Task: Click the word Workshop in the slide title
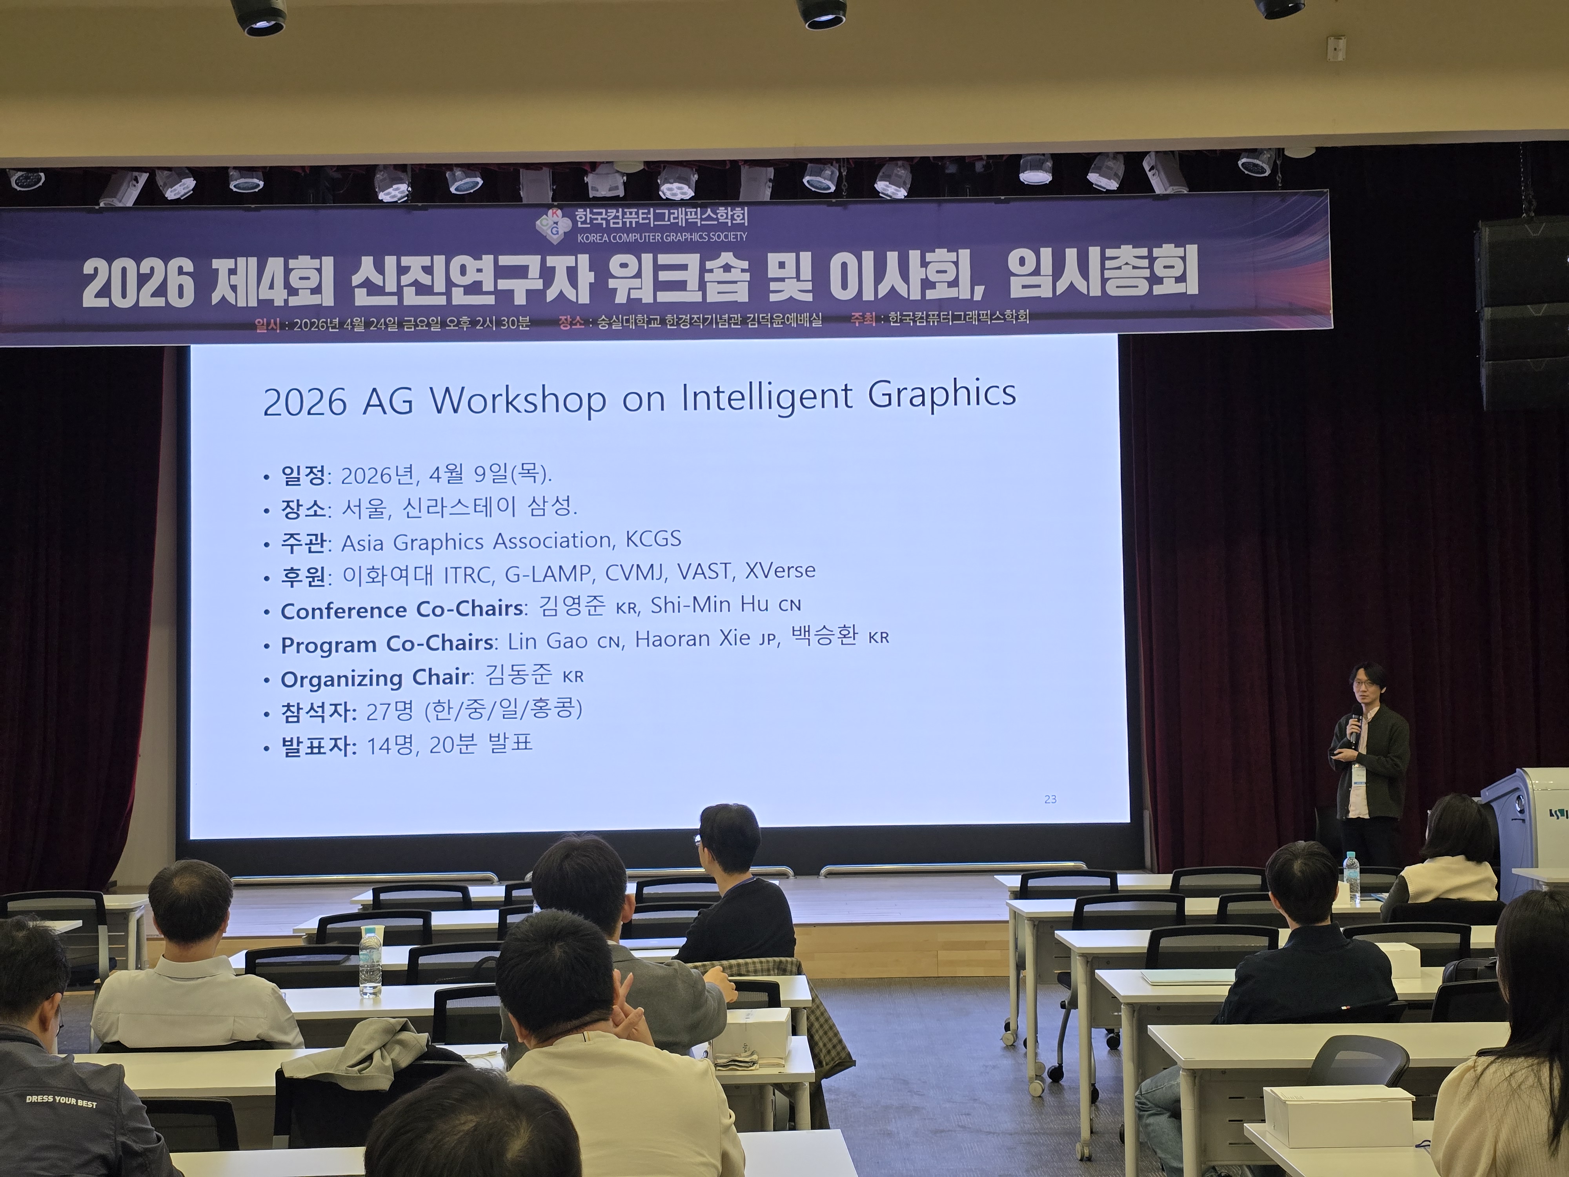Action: point(519,400)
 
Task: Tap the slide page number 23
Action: point(1050,799)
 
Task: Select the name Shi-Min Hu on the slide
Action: point(709,605)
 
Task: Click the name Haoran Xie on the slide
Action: point(692,638)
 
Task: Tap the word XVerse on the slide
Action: point(780,570)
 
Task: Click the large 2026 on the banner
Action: point(138,284)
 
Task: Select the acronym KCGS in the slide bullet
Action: point(653,539)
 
